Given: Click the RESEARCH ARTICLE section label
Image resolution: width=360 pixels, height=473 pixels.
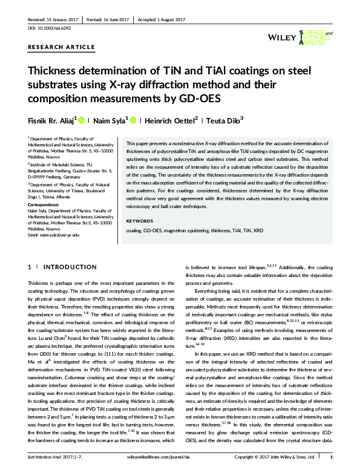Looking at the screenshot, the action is [x=61, y=47].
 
